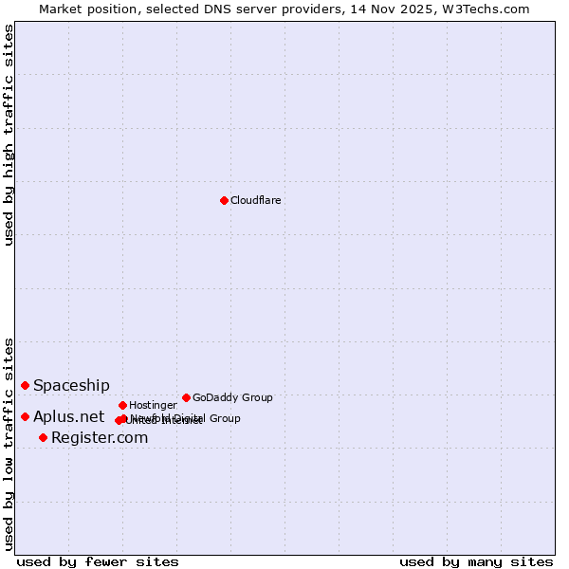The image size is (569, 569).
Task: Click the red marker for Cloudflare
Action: (x=224, y=200)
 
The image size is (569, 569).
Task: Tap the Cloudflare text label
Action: (x=256, y=200)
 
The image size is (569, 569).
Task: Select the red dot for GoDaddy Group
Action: (x=186, y=397)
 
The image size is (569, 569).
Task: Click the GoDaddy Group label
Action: (x=232, y=397)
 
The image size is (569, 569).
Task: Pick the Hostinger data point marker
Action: (x=122, y=405)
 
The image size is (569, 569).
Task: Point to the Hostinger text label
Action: (x=153, y=405)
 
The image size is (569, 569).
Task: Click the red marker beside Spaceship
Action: (x=25, y=385)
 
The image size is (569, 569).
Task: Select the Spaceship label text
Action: (x=71, y=385)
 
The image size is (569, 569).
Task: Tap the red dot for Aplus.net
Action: (x=25, y=416)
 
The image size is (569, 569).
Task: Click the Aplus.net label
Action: (x=68, y=416)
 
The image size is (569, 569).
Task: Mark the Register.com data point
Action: (x=43, y=437)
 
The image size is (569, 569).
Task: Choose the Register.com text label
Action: (x=100, y=437)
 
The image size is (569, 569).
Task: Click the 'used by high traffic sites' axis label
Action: (x=9, y=135)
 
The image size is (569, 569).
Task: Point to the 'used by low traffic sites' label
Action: (x=9, y=444)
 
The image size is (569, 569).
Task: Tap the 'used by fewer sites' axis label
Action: (x=98, y=561)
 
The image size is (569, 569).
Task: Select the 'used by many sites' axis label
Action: (x=476, y=561)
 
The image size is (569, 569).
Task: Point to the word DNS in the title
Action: (x=205, y=9)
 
